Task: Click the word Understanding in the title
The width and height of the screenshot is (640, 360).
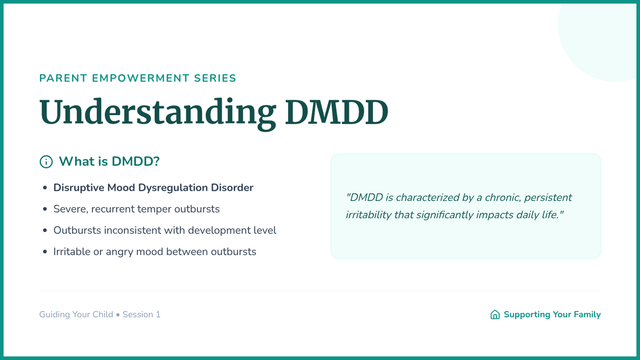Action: tap(158, 113)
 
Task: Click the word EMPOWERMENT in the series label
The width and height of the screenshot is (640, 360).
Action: tap(141, 78)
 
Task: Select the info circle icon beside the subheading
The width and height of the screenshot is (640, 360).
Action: tap(46, 162)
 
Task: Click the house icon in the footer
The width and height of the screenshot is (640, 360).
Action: tap(495, 314)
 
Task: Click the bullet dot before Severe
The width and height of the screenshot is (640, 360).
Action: tap(45, 209)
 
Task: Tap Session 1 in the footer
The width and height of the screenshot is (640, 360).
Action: tap(141, 314)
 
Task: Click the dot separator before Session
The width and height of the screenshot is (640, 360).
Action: tap(118, 315)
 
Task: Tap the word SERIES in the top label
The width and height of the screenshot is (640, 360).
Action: tap(215, 78)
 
